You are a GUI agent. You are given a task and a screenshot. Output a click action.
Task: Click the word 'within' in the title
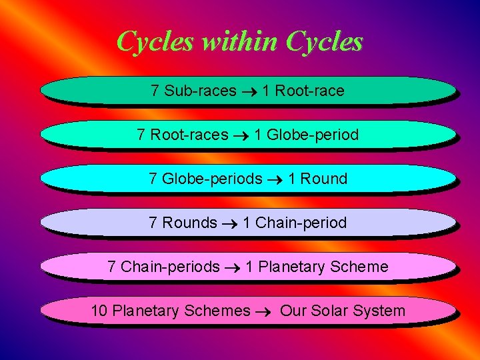click(x=239, y=42)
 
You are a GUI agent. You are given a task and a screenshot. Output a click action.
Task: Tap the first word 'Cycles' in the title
click(x=154, y=42)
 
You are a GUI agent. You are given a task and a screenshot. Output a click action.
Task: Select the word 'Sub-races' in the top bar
click(x=200, y=91)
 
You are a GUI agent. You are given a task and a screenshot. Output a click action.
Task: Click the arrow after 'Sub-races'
click(x=249, y=91)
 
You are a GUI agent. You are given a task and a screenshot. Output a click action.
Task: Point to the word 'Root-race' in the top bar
click(x=309, y=91)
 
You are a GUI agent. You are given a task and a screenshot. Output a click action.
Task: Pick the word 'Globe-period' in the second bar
click(x=313, y=135)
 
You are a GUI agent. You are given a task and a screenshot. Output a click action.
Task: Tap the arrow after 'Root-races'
click(x=241, y=135)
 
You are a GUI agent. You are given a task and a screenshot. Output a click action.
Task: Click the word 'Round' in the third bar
click(x=324, y=179)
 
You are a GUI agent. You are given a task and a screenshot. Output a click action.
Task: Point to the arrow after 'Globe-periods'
click(x=275, y=179)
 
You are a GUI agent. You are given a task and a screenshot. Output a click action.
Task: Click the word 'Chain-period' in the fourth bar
click(x=301, y=223)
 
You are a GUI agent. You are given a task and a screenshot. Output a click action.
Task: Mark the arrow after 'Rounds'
click(x=229, y=223)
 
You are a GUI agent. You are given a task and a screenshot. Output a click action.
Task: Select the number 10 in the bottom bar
click(x=99, y=311)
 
